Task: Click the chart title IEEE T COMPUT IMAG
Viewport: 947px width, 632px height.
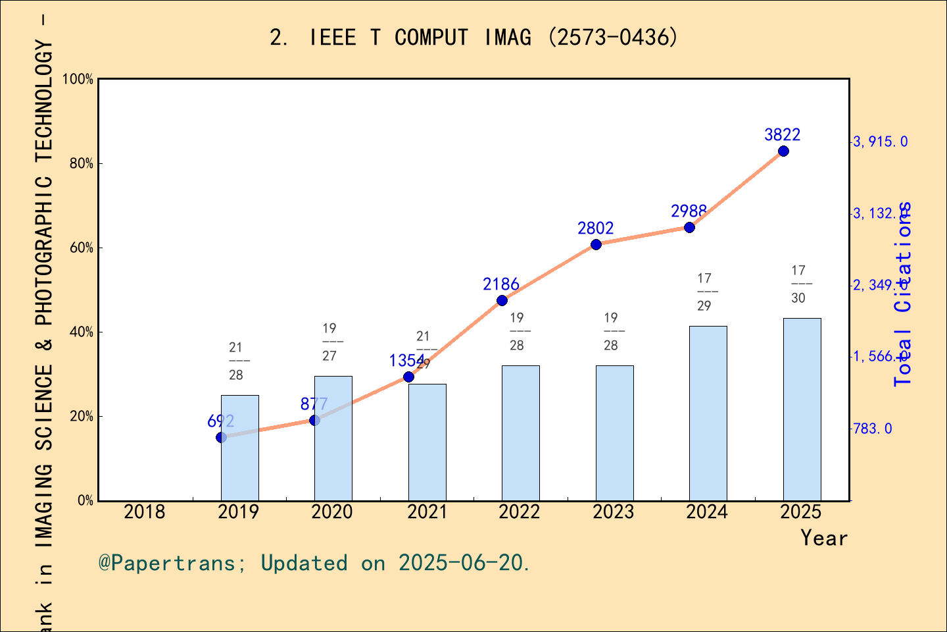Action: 473,38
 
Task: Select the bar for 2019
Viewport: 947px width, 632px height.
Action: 239,448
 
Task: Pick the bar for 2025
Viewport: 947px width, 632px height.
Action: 802,409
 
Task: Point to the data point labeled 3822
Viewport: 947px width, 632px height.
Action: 783,151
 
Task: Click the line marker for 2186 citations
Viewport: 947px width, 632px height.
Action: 502,301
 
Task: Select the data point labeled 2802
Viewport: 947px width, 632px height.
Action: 596,245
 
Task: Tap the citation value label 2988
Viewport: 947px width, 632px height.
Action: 689,211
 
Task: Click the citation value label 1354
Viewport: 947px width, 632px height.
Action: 406,361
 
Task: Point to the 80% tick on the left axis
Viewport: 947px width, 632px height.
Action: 82,164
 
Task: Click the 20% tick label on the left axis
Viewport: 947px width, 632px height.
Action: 82,417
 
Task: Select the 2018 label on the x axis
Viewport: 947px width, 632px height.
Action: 145,512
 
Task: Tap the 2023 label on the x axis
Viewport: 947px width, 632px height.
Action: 613,512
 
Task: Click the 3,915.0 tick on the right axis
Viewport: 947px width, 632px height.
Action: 880,142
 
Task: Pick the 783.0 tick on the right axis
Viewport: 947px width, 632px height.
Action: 873,429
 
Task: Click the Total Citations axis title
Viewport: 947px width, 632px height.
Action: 904,294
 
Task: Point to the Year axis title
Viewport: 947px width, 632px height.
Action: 824,539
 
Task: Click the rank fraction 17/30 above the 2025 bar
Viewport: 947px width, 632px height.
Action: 798,284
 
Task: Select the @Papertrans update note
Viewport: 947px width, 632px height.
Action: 314,563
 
